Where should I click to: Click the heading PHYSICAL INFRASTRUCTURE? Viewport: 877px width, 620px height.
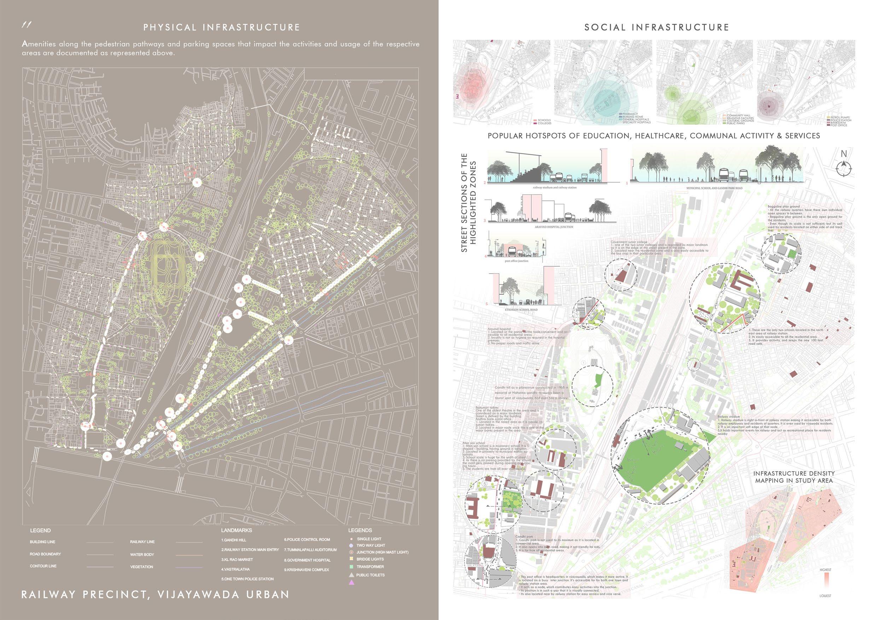coord(222,28)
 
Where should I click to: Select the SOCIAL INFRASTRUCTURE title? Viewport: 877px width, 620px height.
coord(657,28)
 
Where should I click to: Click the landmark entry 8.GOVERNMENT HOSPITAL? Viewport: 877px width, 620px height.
coord(307,560)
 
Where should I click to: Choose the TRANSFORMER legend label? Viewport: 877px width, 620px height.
coord(370,567)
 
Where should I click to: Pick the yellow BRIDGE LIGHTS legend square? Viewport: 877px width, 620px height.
coord(351,559)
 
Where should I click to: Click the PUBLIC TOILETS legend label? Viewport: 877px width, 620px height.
coord(370,575)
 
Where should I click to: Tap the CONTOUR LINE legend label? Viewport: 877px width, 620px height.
coord(43,566)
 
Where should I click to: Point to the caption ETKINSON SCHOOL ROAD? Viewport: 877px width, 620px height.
coord(522,309)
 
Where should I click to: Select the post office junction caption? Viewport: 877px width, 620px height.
coord(516,261)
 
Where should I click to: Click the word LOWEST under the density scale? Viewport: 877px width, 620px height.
coord(825,606)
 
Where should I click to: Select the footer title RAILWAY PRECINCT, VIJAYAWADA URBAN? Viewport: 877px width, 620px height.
coord(155,595)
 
